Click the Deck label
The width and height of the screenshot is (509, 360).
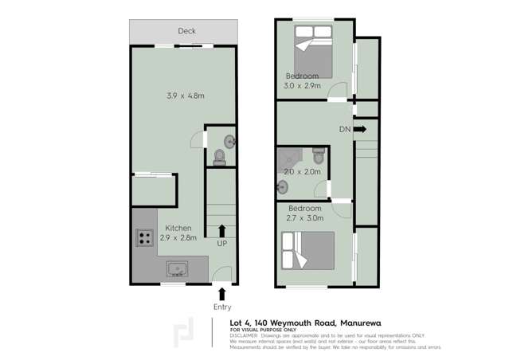tap(186, 31)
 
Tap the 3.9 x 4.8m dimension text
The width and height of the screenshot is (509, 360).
tap(186, 96)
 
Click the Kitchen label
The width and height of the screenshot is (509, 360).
tap(178, 227)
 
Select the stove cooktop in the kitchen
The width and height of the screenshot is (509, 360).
tap(145, 236)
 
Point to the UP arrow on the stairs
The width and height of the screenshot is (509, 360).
tap(222, 231)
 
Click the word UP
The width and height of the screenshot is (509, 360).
tap(222, 243)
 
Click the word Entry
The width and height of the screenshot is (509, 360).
tap(222, 307)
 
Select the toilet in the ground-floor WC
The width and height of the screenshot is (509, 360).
tap(220, 158)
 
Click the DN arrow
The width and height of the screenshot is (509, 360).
tap(359, 129)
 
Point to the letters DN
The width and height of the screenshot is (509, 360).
tap(344, 129)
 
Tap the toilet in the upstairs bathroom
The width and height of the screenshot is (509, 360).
tap(318, 155)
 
